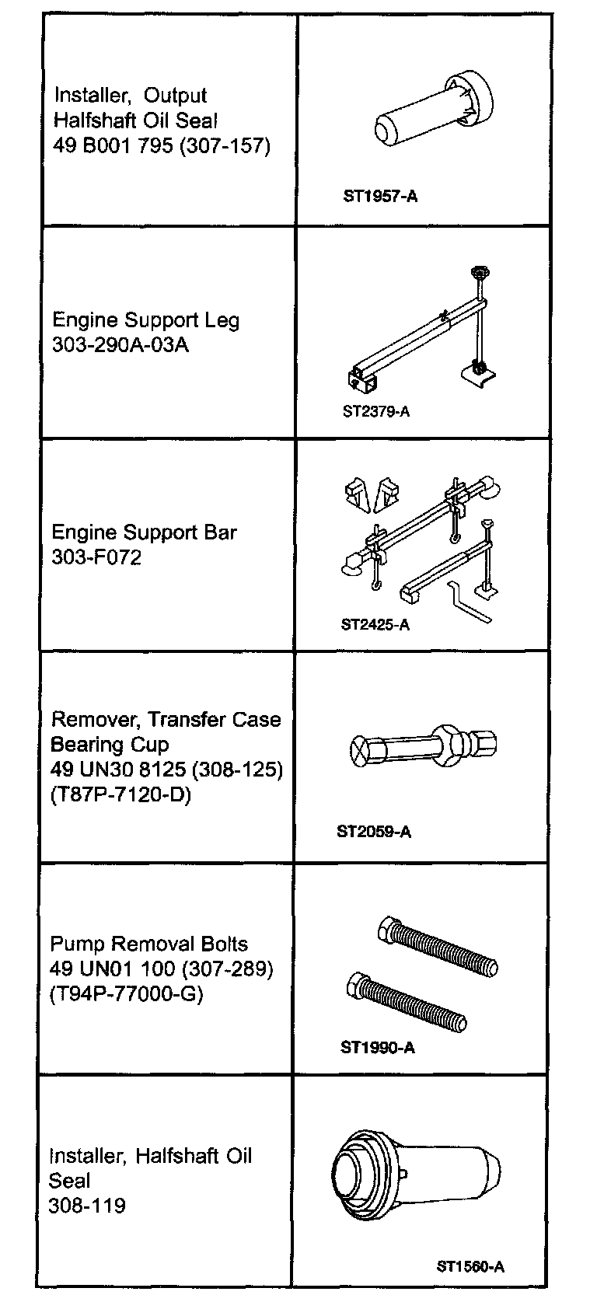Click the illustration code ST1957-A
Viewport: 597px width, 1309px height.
click(380, 196)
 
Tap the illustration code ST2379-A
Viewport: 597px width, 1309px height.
click(375, 411)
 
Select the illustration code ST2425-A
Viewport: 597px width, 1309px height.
click(375, 624)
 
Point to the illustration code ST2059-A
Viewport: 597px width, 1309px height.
click(374, 832)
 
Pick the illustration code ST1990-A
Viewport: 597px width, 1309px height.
click(377, 1047)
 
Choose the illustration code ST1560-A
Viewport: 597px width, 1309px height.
click(470, 1266)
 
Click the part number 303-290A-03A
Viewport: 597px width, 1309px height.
click(120, 344)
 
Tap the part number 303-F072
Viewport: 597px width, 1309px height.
click(96, 557)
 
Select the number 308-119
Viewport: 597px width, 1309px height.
click(86, 1206)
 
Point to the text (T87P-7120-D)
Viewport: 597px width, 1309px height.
click(120, 794)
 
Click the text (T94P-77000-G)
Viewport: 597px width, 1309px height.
click(126, 993)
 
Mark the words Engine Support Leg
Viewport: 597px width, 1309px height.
click(146, 320)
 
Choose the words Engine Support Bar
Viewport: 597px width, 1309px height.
click(145, 532)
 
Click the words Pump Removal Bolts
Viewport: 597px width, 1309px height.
click(149, 944)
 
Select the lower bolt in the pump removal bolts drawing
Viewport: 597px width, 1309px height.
click(407, 1002)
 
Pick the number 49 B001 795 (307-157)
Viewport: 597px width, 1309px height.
click(162, 145)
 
